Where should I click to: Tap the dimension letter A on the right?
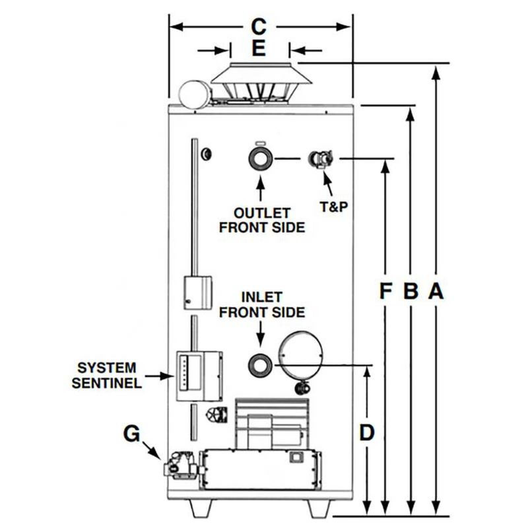pyautogui.click(x=436, y=291)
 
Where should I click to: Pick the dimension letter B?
pyautogui.click(x=411, y=291)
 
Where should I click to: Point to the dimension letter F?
pyautogui.click(x=385, y=291)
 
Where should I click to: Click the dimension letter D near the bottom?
pyautogui.click(x=367, y=433)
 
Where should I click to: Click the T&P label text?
pyautogui.click(x=334, y=207)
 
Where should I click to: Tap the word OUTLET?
pyautogui.click(x=262, y=213)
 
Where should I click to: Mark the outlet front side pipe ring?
pyautogui.click(x=261, y=159)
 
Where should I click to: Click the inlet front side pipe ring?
pyautogui.click(x=260, y=365)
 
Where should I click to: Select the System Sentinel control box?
pyautogui.click(x=198, y=376)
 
